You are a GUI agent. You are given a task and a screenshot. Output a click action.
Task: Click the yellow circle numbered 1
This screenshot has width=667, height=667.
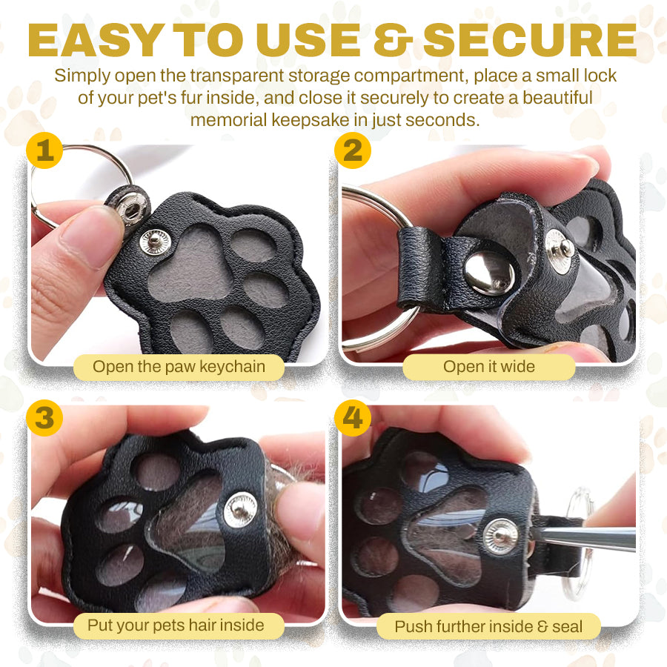[44, 150]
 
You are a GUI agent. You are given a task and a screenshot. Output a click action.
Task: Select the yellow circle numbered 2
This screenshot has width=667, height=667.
[353, 150]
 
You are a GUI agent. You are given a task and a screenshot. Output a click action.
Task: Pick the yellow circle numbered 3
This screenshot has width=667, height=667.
[44, 418]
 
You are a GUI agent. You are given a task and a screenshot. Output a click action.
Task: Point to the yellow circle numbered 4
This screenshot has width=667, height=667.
[353, 418]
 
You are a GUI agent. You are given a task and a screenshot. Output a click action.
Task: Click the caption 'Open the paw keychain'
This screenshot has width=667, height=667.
[179, 367]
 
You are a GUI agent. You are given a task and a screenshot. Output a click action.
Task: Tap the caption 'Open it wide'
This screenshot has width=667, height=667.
[489, 367]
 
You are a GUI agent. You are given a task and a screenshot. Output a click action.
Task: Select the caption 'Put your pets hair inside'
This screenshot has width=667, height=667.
[176, 625]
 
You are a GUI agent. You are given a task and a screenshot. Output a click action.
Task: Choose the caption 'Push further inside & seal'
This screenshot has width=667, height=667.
[488, 626]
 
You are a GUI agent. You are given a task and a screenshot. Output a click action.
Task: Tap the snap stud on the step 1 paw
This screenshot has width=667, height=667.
[156, 242]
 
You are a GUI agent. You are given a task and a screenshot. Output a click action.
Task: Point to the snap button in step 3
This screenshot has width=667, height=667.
[241, 510]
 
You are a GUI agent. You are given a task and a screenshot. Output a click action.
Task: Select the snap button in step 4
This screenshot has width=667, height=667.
[501, 537]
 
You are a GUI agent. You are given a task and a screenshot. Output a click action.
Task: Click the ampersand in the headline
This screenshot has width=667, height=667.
[393, 40]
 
